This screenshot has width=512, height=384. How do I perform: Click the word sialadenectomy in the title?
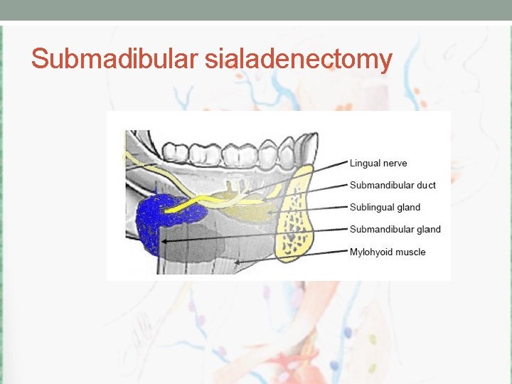click(x=298, y=59)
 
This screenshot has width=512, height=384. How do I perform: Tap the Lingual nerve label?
click(x=378, y=164)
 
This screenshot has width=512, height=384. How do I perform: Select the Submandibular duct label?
click(x=393, y=186)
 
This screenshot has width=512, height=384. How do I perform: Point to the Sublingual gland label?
click(x=385, y=208)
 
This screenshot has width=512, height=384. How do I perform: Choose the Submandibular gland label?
click(x=395, y=230)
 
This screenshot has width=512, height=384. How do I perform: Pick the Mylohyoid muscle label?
click(x=388, y=252)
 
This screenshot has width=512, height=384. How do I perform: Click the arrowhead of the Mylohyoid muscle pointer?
click(x=237, y=262)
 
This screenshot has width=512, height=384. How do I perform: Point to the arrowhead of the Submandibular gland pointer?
click(x=164, y=242)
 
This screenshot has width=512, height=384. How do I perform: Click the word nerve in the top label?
click(x=395, y=164)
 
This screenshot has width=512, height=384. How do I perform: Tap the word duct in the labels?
click(x=427, y=186)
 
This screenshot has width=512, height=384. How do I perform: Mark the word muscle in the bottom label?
click(x=410, y=252)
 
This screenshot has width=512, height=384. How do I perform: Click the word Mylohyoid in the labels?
click(x=370, y=252)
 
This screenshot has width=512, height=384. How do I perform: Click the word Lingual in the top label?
click(x=364, y=164)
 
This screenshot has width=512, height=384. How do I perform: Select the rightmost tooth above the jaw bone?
click(x=304, y=148)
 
